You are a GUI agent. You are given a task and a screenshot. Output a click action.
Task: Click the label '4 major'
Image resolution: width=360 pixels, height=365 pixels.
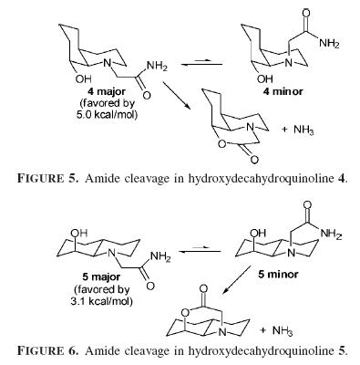pos(106,91)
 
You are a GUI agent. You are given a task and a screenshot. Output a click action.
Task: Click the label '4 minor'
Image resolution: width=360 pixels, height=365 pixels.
pos(283,91)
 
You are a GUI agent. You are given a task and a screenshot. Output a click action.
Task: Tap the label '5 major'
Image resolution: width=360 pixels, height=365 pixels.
pos(101,276)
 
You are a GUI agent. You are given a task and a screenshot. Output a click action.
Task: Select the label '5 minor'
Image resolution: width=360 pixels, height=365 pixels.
pos(278,275)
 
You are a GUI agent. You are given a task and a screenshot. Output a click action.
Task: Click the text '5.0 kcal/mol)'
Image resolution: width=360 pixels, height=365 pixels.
pos(107,115)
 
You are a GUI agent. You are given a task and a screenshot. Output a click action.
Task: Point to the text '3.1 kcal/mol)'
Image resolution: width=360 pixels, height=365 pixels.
pos(101,301)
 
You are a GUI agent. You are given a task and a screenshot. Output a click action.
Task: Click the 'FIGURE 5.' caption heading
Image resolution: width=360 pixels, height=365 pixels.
pos(48,178)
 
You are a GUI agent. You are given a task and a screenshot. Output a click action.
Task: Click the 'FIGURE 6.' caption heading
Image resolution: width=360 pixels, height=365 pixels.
pos(48,350)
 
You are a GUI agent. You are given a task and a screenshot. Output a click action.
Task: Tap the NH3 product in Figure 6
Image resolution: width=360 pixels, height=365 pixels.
pos(283,330)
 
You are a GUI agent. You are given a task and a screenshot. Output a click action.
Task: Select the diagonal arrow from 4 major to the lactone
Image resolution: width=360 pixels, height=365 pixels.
pos(177,96)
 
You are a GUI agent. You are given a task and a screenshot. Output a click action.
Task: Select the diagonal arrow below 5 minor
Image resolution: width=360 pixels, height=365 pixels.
pos(236,279)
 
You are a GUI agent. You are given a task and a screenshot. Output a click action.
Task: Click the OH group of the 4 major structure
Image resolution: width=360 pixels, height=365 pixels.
pos(83,79)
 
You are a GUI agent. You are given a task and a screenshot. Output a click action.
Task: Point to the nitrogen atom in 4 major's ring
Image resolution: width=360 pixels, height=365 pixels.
pos(107,63)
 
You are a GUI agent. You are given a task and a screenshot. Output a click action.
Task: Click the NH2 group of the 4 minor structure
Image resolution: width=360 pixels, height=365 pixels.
pos(329,43)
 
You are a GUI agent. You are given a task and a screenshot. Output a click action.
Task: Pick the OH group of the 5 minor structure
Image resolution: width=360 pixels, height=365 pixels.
pos(258,234)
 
